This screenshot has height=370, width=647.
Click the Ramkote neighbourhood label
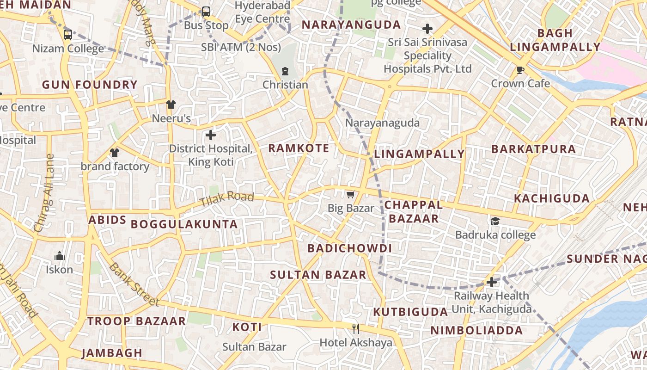tap(299, 148)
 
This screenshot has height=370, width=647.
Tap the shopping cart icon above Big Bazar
tap(351, 194)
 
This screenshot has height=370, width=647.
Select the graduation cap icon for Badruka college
tap(495, 221)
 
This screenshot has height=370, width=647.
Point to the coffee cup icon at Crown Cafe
tap(520, 70)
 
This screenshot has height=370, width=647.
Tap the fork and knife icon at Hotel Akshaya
tap(356, 329)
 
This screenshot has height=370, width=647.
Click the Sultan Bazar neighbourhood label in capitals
tap(318, 275)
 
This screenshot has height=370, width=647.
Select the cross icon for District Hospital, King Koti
tap(211, 135)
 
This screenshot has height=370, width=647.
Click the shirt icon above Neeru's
tap(171, 105)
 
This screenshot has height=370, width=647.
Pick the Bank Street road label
tap(134, 284)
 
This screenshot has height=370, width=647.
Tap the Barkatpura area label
tap(533, 149)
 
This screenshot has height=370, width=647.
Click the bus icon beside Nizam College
tap(68, 35)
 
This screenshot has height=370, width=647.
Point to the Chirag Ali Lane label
tap(44, 193)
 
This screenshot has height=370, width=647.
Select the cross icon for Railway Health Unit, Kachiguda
tap(492, 282)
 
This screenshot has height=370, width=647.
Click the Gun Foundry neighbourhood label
tap(90, 85)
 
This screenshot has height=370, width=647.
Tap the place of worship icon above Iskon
tap(59, 256)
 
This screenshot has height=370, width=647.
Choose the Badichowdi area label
tap(349, 248)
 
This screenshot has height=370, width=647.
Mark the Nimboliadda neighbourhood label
tap(476, 330)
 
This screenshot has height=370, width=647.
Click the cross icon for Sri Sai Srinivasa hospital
tap(427, 29)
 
